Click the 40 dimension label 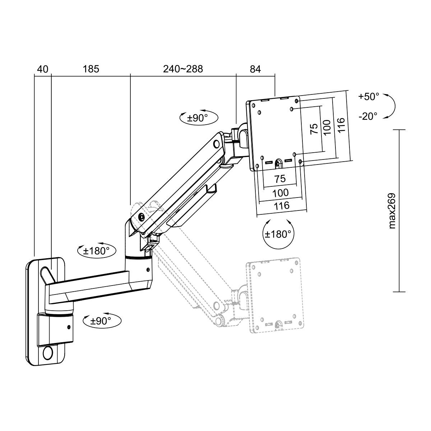coord(43,69)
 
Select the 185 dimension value coord(91,69)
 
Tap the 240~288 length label coord(183,69)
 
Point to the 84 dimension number coord(255,69)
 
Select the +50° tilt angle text coord(369,97)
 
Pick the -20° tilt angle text coord(368,116)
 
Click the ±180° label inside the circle coord(278,234)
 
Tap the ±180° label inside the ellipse coord(96,251)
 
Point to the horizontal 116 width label coord(282,205)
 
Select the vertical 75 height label coord(314,129)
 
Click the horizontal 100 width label coord(281,193)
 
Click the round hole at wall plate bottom coord(47,353)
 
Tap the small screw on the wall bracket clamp coord(69,327)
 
